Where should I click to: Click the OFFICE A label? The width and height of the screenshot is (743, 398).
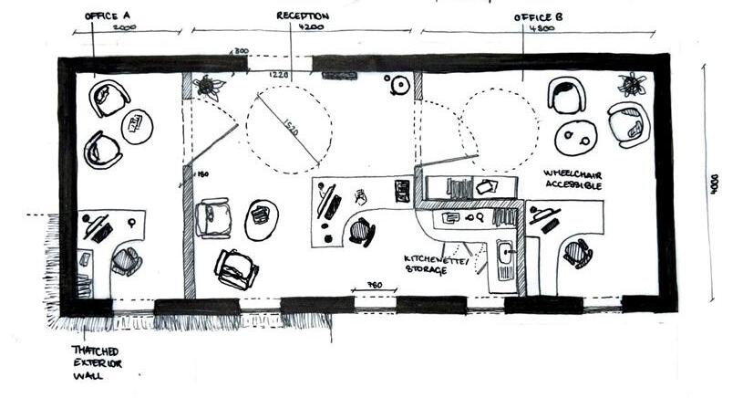108,16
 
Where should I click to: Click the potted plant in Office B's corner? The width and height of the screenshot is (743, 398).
631,85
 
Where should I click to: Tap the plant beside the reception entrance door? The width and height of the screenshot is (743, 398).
209,87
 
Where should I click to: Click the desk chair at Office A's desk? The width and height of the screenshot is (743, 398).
126,262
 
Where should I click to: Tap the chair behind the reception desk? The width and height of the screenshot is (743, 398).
361,233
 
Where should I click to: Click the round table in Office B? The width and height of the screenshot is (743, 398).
575,139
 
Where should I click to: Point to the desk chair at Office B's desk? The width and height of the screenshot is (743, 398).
577,252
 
